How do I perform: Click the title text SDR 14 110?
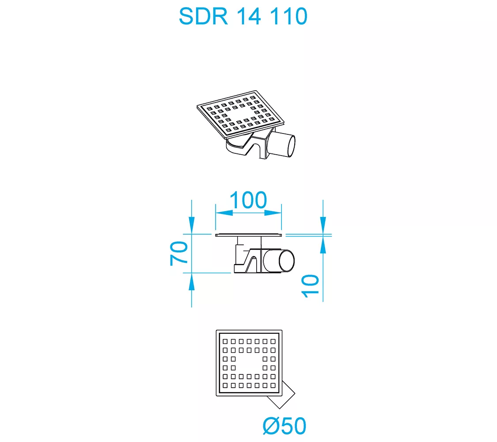[243, 16]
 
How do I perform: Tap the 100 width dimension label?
[248, 200]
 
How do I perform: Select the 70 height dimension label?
[179, 253]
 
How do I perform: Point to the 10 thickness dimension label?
[310, 286]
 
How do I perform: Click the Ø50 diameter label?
[285, 426]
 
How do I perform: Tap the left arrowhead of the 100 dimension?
[224, 213]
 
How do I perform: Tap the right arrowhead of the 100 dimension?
[273, 213]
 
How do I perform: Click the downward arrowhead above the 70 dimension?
[191, 225]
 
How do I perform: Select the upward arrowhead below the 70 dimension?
[191, 282]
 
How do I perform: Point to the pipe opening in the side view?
[287, 261]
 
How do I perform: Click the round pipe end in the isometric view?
[291, 146]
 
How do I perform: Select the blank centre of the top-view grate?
[249, 363]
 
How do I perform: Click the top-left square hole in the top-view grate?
[225, 342]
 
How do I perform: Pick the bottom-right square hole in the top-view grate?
[273, 385]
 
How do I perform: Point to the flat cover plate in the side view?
[248, 235]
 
